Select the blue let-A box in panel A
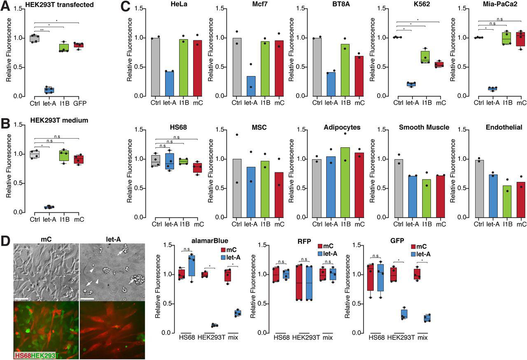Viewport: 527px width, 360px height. (x=49, y=90)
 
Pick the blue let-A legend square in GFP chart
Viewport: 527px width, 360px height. (x=413, y=254)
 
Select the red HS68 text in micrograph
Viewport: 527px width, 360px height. (x=23, y=355)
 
